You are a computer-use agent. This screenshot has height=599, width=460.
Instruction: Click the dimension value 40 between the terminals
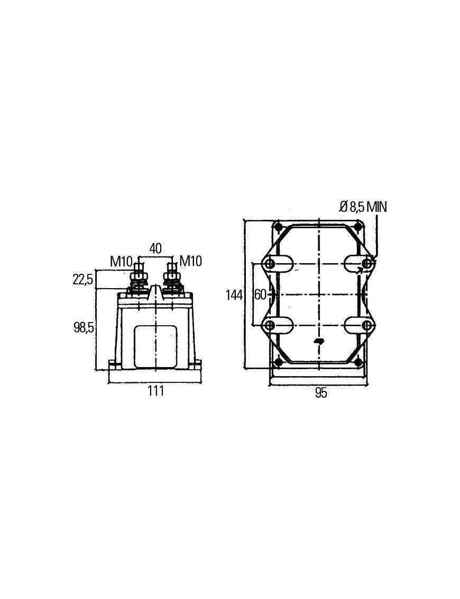click(x=155, y=248)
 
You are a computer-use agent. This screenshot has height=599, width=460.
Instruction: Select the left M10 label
click(x=121, y=261)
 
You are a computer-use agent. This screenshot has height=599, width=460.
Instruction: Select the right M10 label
click(x=190, y=261)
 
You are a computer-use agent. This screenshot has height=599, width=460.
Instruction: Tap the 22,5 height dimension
click(x=83, y=279)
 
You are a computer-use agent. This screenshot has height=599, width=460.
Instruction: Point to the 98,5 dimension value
click(x=84, y=327)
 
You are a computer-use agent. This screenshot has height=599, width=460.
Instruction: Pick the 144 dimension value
click(x=234, y=295)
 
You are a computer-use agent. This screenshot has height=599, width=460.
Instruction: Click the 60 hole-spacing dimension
click(x=260, y=294)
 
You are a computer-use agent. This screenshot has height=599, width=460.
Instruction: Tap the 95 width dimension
click(x=320, y=393)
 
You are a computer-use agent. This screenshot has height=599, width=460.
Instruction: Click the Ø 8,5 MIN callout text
click(x=363, y=207)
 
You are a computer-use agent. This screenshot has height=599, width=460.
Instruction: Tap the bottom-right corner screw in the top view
click(x=358, y=362)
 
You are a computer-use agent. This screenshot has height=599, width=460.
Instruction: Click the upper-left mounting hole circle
click(x=270, y=263)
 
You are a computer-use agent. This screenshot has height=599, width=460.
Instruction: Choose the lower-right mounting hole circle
click(x=366, y=325)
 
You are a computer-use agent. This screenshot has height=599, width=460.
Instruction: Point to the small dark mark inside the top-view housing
click(x=319, y=341)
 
